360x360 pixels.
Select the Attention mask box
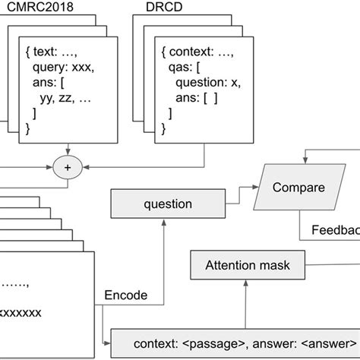click(248, 266)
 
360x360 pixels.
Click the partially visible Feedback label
click(335, 230)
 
